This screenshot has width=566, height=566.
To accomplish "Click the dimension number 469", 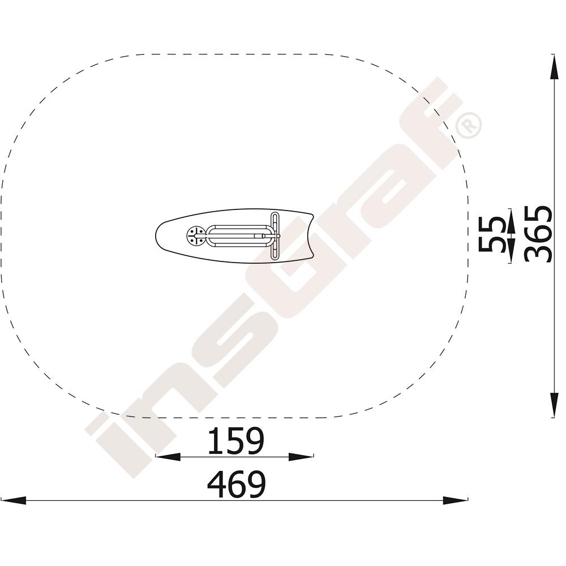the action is [237, 484].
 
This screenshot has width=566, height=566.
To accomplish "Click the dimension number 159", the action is [236, 440].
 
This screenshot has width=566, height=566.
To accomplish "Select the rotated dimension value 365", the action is [538, 234].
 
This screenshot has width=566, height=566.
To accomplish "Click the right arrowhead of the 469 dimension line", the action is [456, 500].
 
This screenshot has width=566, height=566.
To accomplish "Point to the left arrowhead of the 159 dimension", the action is [168, 457].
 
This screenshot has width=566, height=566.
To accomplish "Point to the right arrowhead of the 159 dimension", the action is [301, 457].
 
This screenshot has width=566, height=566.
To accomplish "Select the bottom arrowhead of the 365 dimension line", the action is [552, 405].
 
